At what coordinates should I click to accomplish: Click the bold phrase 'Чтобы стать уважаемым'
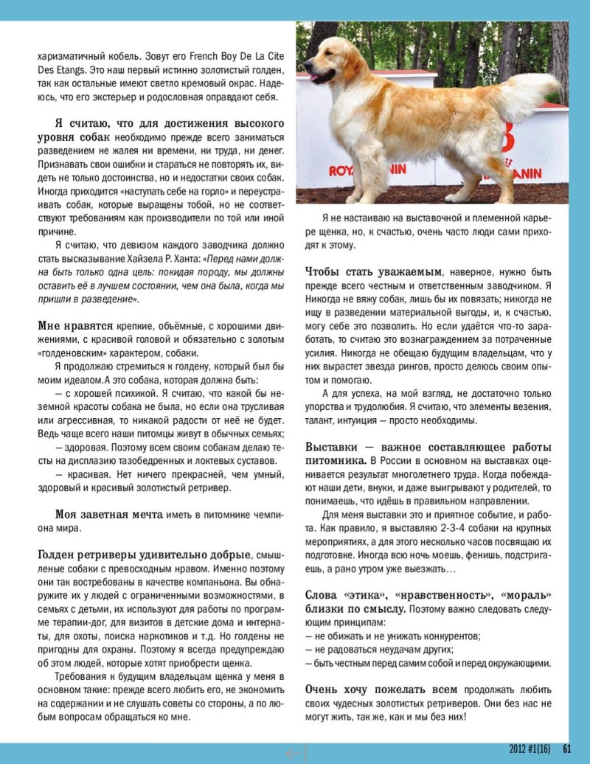pos(374,271)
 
